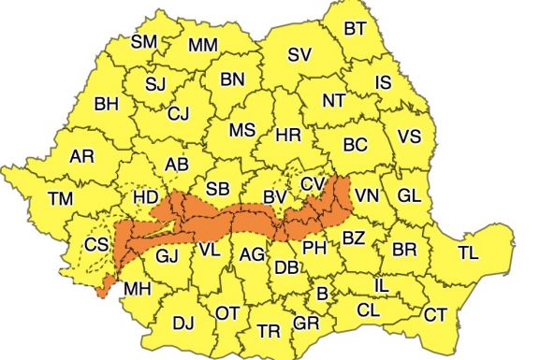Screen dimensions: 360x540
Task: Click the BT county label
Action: point(355,29)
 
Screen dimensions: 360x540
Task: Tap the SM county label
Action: point(144,41)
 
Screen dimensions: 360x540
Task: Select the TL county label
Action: point(468,252)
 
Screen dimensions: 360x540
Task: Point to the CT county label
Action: point(435,315)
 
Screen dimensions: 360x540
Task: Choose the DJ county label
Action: point(183,324)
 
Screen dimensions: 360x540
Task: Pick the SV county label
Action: point(299,55)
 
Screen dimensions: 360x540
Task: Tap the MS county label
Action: point(242,129)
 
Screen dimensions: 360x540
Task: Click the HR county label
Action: point(288,137)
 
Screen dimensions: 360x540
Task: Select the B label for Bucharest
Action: point(323,295)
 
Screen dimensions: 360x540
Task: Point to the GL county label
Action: point(408,195)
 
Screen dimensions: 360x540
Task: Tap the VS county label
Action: point(409,136)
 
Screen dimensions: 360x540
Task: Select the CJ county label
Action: point(178,114)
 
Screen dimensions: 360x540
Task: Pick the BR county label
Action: point(404,250)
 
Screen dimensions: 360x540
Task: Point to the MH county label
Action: point(137,288)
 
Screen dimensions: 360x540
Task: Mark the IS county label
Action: point(382,83)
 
